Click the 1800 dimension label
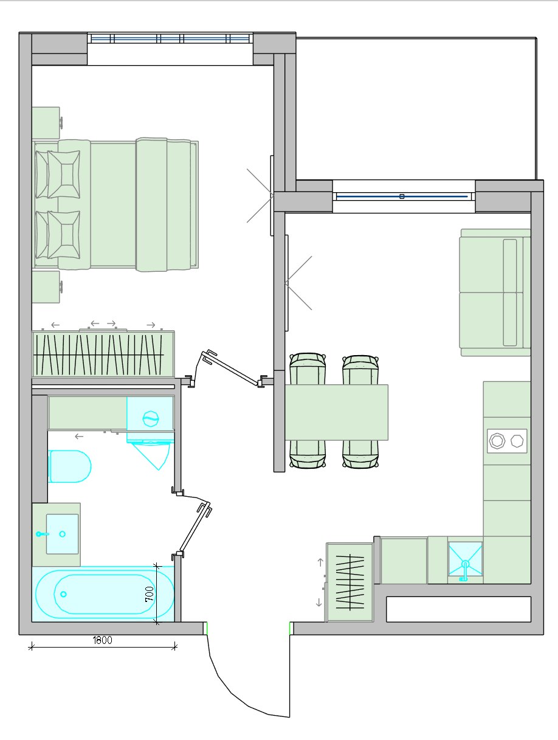click(102, 640)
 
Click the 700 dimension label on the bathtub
click(150, 594)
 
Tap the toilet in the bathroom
click(70, 466)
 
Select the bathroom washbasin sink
click(62, 534)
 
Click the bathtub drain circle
click(63, 594)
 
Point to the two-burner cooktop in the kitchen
click(507, 441)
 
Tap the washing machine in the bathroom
click(151, 420)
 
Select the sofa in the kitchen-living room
click(495, 292)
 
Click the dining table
click(337, 412)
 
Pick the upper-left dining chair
click(308, 369)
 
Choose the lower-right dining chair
click(360, 454)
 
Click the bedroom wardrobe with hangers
click(103, 354)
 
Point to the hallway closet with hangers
click(350, 583)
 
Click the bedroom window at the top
click(170, 38)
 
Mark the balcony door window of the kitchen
click(404, 196)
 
